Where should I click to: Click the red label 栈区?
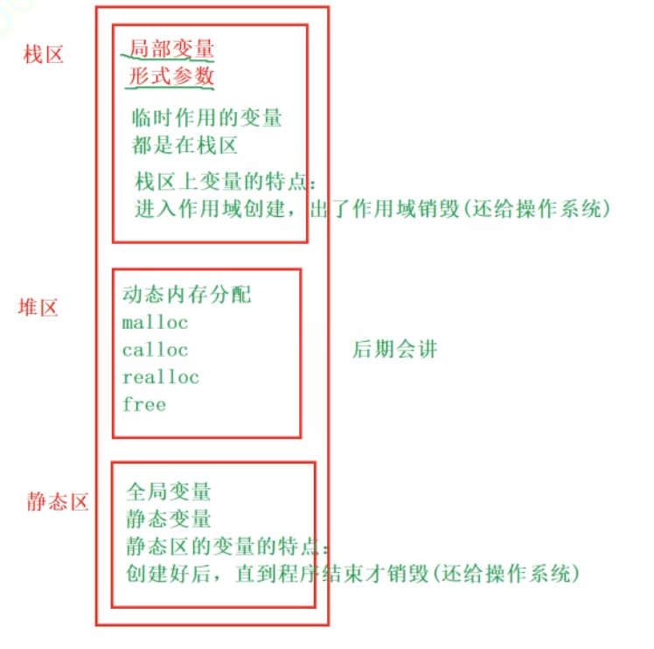[x=44, y=55]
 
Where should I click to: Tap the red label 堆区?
[x=38, y=307]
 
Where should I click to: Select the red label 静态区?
[x=58, y=503]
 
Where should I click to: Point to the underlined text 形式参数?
[x=171, y=76]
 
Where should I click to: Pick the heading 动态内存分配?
[x=187, y=295]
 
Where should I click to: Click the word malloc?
[x=156, y=323]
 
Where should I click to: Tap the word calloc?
[x=156, y=350]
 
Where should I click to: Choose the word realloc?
[x=161, y=377]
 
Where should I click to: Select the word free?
[x=144, y=404]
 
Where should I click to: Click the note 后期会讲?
[x=393, y=350]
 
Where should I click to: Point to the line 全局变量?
[x=169, y=492]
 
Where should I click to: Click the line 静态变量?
[x=169, y=519]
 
